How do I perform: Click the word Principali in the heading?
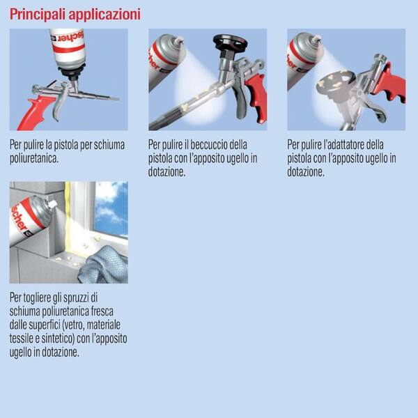coord(38,15)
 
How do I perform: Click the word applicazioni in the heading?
coord(104,15)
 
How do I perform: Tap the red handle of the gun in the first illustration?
coord(36,113)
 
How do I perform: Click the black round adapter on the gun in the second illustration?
coord(231,42)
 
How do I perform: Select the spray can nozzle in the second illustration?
coord(178,40)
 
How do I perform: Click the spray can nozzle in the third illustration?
coord(317,40)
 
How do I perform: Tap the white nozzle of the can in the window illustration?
coord(52,204)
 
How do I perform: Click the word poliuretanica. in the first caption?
coord(34,159)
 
